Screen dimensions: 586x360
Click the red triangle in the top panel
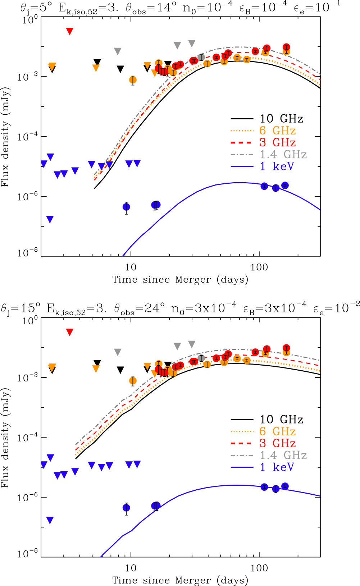[70, 31]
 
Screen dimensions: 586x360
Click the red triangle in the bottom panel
[70, 332]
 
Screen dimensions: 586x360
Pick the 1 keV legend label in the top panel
[277, 166]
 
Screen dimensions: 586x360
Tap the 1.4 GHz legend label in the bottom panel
[283, 455]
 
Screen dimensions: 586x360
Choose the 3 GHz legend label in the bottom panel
[277, 443]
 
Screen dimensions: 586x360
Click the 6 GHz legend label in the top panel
[277, 131]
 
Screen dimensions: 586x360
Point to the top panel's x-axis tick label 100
[259, 267]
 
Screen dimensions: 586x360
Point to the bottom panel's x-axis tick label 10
[131, 568]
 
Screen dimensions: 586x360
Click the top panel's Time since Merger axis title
[180, 280]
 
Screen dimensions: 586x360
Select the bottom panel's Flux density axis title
[5, 438]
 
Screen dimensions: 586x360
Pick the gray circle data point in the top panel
[201, 58]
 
